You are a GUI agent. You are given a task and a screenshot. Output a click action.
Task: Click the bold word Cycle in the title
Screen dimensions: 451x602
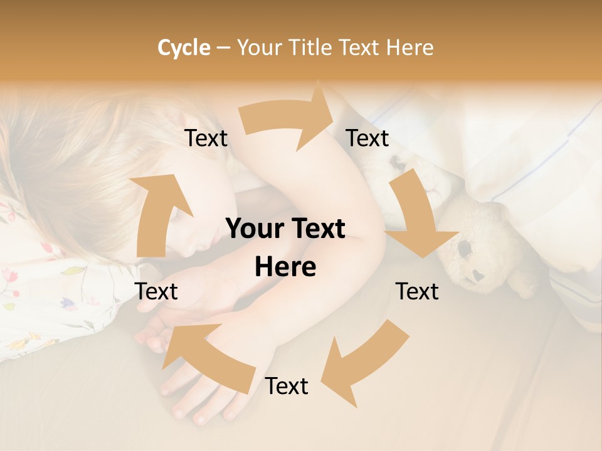coord(184,48)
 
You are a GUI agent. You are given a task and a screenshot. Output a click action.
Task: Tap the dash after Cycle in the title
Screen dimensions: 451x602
coord(223,48)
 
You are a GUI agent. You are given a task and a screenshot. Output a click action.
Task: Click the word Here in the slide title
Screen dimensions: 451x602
coord(410,48)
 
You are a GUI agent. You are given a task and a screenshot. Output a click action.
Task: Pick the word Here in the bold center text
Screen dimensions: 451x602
coord(285,267)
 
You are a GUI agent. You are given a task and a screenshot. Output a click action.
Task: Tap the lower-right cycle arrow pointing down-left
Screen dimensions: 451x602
coord(367,360)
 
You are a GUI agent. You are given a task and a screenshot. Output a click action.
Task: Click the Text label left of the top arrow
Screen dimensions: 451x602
coord(206,138)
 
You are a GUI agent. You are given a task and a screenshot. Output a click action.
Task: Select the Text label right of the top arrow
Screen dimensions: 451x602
coord(367,138)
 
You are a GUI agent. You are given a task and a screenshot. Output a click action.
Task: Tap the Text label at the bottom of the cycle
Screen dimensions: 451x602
coord(287,386)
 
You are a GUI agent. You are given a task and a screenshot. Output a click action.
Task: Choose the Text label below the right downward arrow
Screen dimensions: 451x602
coord(417,291)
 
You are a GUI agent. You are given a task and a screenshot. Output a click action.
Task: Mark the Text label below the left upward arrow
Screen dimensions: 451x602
coord(157,291)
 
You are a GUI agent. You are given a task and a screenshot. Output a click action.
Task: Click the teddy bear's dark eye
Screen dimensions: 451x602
coord(465,249)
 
